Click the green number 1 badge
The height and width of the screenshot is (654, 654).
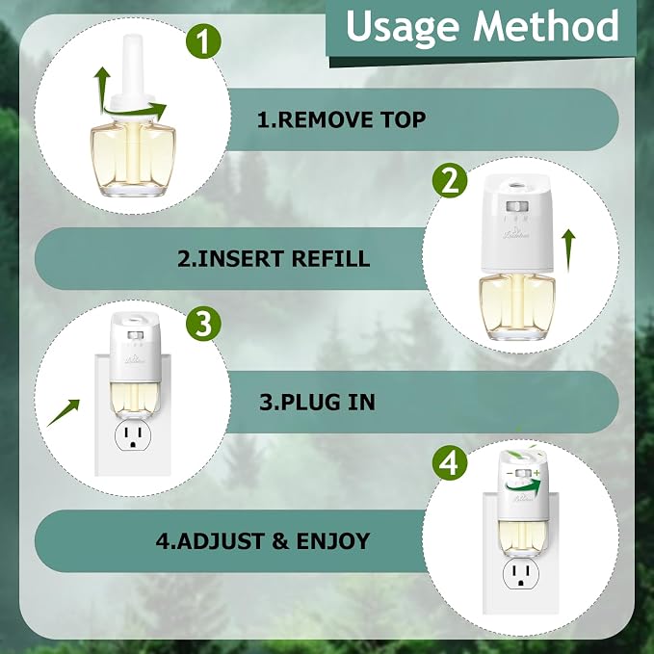[x=203, y=40]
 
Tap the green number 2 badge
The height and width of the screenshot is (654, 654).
[x=450, y=180]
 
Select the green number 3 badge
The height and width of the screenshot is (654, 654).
[x=203, y=324]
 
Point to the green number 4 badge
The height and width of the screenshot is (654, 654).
[x=450, y=462]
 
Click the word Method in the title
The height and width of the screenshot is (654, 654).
[x=545, y=25]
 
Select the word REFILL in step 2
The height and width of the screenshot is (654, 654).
[x=330, y=258]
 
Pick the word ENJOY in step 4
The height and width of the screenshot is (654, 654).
[x=333, y=541]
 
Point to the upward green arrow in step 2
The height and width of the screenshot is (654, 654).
[x=568, y=250]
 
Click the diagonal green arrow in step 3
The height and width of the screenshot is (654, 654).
[x=63, y=413]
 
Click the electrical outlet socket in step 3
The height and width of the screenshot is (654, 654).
[x=133, y=436]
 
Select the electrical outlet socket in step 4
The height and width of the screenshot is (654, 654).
[x=521, y=574]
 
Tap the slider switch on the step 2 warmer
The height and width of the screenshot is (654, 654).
[x=517, y=206]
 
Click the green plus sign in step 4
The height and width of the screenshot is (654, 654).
[x=536, y=473]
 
